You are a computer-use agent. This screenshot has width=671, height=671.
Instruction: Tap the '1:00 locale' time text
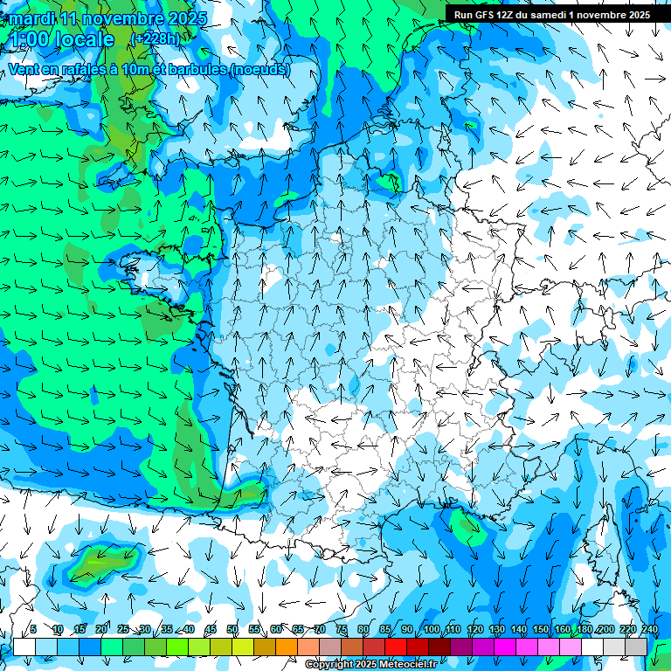[61, 39]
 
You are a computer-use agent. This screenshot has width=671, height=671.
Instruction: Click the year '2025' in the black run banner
[633, 15]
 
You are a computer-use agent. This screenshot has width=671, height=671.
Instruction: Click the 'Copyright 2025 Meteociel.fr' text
[371, 665]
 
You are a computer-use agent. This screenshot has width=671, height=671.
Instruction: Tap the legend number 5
[33, 629]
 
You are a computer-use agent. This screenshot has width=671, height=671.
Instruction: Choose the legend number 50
[232, 629]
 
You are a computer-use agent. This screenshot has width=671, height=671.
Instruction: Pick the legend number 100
[431, 629]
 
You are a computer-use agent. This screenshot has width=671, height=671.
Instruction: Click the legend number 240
[649, 629]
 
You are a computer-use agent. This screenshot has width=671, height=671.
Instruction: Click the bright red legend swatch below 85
[396, 647]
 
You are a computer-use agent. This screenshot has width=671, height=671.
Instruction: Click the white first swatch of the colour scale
[24, 647]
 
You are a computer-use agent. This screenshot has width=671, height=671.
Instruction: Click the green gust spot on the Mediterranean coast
[462, 523]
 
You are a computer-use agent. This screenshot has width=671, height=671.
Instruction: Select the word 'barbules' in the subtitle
[201, 69]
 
